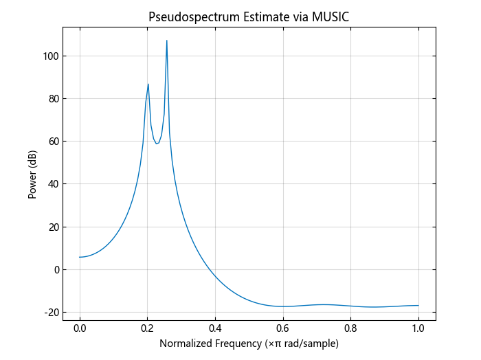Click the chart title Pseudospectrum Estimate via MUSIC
point(249,17)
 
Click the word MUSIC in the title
point(329,17)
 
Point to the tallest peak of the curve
point(166,41)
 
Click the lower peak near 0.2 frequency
point(148,85)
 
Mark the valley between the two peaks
point(157,144)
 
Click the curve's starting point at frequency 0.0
point(80,257)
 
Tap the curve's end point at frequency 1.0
point(418,305)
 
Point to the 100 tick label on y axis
point(48,56)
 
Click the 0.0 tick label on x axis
point(80,328)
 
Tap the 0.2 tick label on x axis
point(147,328)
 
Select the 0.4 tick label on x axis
point(215,328)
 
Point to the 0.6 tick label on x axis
point(282,328)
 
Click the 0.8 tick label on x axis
point(350,328)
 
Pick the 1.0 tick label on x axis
point(418,328)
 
